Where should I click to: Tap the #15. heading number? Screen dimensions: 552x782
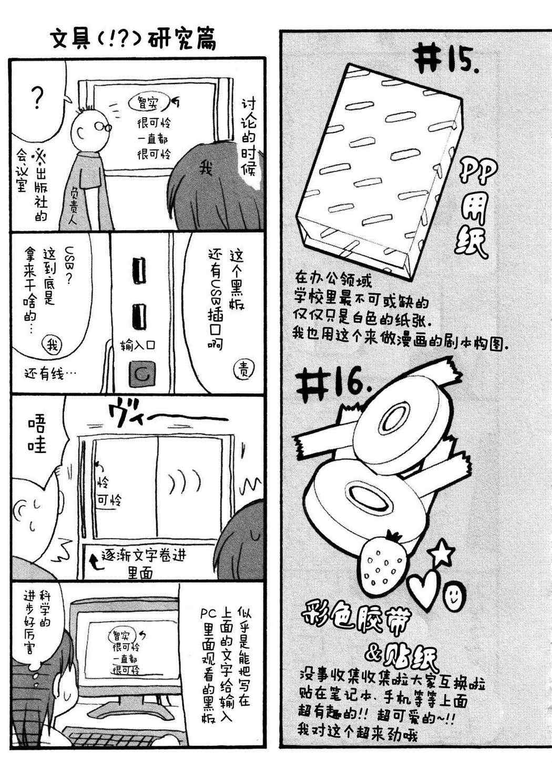tap(446, 60)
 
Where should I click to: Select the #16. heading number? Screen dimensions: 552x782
tap(333, 385)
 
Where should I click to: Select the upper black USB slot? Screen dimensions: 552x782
tap(139, 271)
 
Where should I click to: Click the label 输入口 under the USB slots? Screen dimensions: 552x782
tap(138, 345)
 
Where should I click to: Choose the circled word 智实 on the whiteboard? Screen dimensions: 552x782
tap(149, 102)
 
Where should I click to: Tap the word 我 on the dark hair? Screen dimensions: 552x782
tap(207, 169)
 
